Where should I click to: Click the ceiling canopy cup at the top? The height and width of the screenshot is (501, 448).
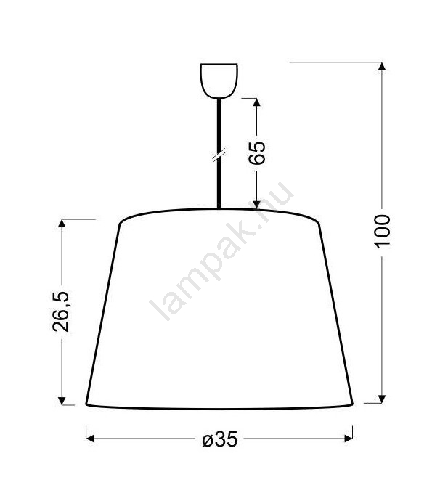pyautogui.click(x=219, y=81)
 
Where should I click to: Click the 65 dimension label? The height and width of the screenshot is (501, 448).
pyautogui.click(x=257, y=152)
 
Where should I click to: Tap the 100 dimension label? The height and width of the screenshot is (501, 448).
pyautogui.click(x=382, y=232)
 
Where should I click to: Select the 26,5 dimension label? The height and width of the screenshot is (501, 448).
pyautogui.click(x=61, y=311)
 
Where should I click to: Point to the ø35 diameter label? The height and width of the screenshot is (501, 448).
pyautogui.click(x=221, y=439)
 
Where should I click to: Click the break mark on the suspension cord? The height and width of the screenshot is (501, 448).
pyautogui.click(x=219, y=155)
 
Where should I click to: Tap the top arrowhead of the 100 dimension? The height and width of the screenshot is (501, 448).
pyautogui.click(x=381, y=66)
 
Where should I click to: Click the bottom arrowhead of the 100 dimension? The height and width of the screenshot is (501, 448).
pyautogui.click(x=381, y=399)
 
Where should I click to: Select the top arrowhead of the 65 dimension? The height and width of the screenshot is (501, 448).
pyautogui.click(x=256, y=102)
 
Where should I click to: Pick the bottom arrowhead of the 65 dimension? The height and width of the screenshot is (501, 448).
pyautogui.click(x=256, y=205)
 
